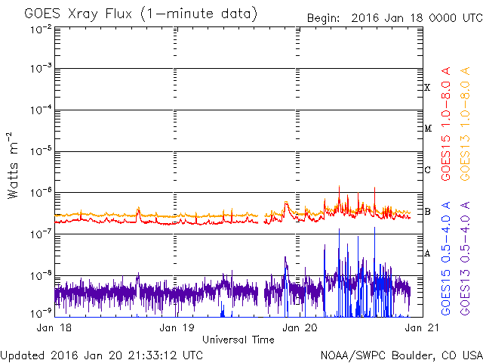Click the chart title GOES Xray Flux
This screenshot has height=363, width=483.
[78, 14]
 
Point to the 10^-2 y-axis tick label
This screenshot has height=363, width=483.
[42, 30]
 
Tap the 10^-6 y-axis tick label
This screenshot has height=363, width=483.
[42, 194]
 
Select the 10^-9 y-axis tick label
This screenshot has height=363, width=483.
[42, 314]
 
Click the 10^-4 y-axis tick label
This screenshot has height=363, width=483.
[42, 110]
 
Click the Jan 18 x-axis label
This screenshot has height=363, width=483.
[54, 327]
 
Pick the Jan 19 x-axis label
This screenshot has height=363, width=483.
[177, 327]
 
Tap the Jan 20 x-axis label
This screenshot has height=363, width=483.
[300, 327]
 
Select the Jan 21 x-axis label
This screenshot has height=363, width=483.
[422, 327]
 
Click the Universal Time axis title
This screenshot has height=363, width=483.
[238, 340]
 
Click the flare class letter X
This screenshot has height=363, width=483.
[427, 88]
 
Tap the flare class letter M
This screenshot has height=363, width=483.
[428, 128]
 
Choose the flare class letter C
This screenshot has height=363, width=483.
[427, 169]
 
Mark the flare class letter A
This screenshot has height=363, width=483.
[427, 253]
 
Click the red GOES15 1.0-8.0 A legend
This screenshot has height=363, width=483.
[446, 124]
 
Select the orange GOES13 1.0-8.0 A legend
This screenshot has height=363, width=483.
[465, 124]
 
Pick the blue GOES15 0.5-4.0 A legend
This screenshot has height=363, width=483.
[446, 258]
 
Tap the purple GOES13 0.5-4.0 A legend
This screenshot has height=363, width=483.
[465, 258]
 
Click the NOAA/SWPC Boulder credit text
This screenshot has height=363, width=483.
[401, 355]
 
